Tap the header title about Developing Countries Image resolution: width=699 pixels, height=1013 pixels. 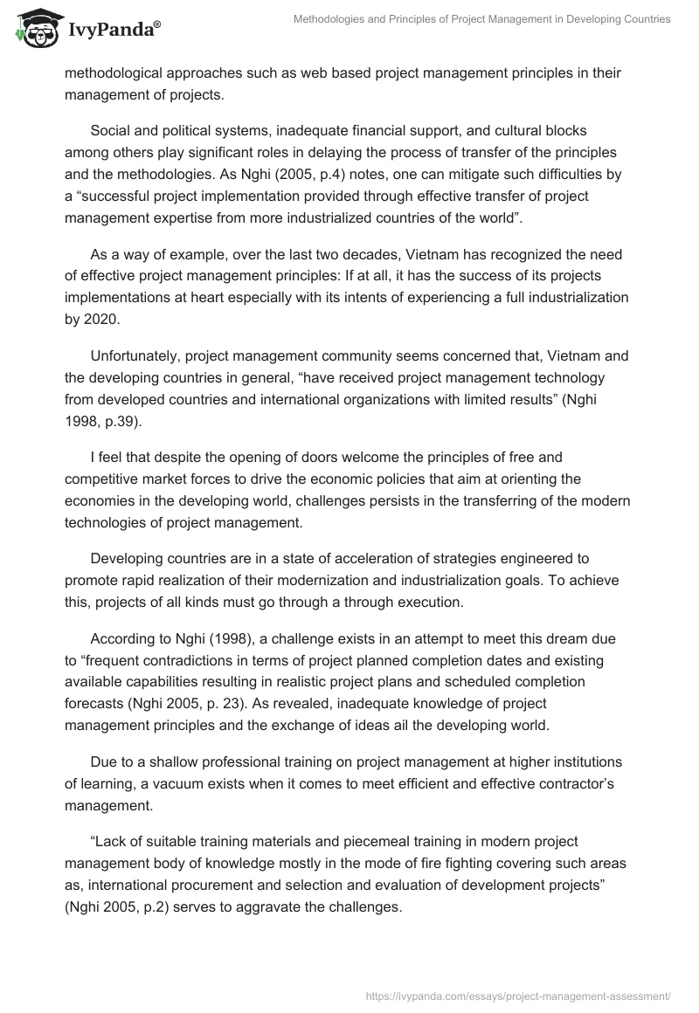pos(481,18)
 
